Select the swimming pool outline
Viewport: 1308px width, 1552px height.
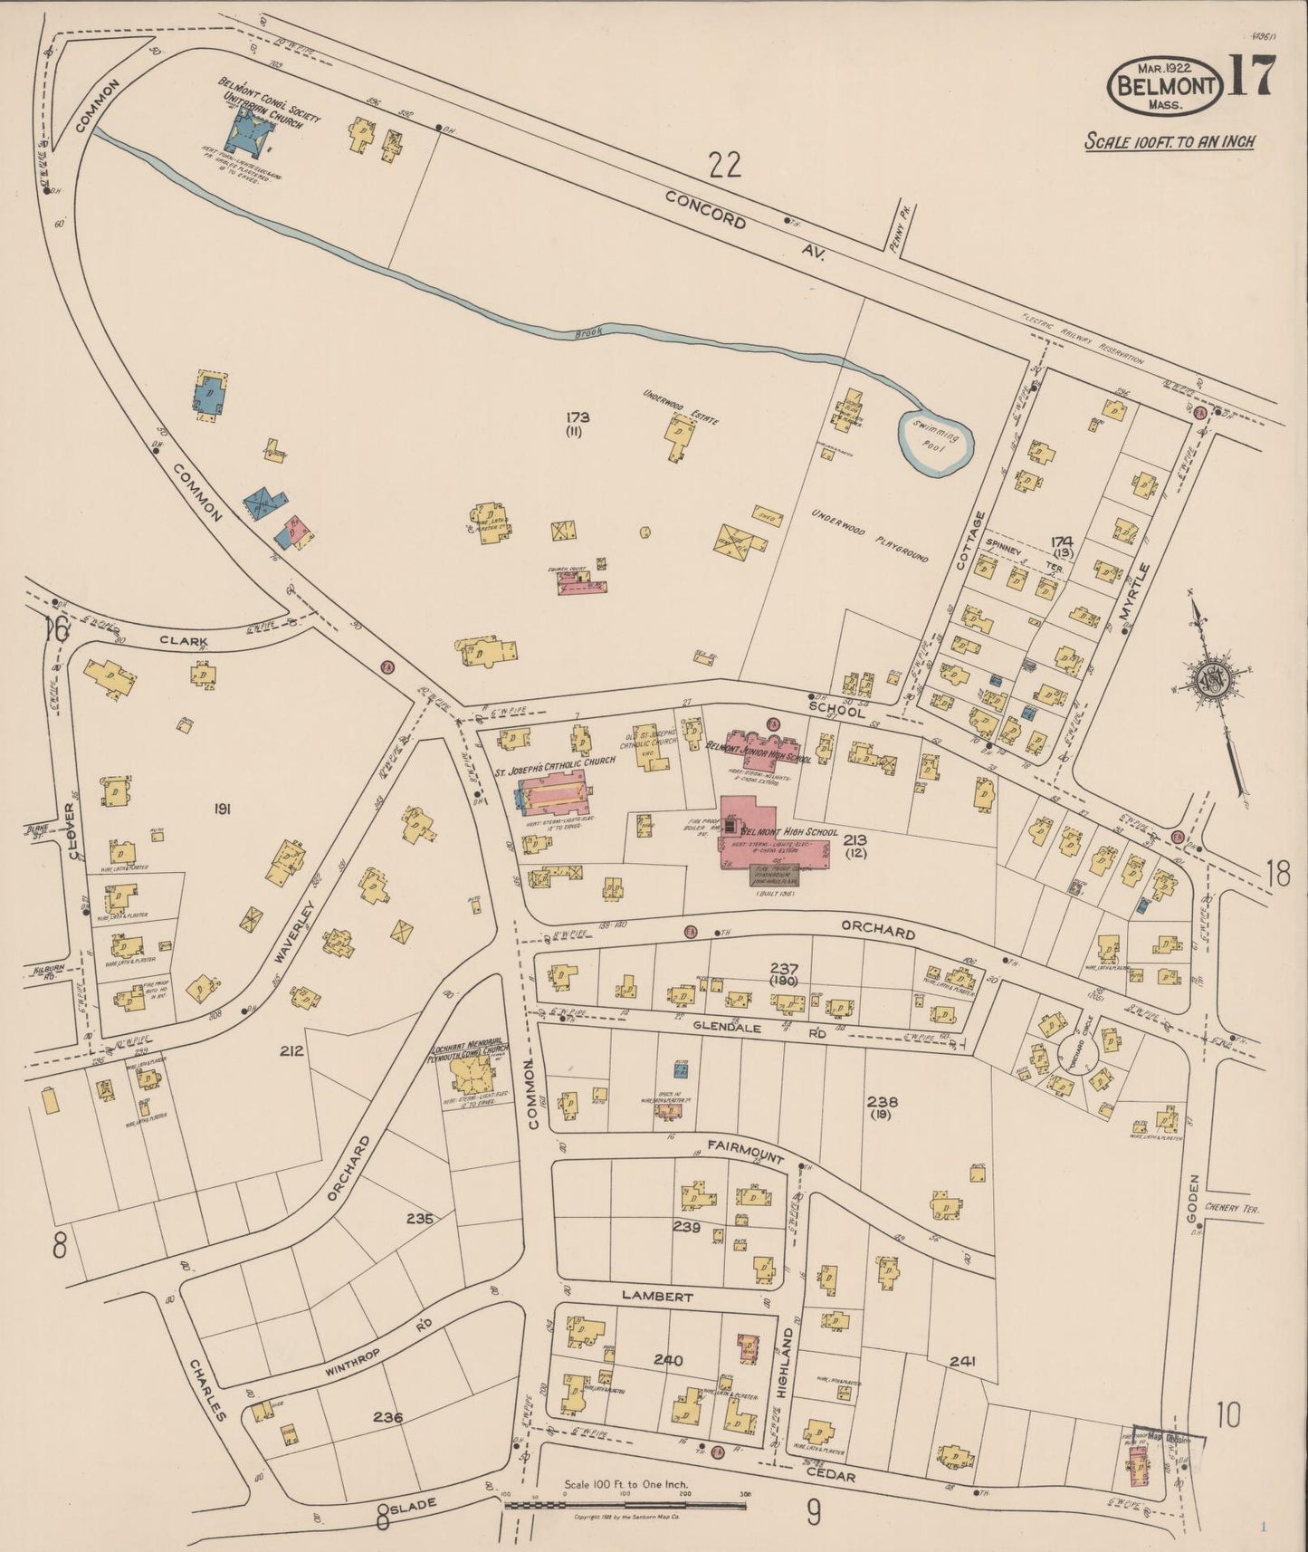(x=935, y=442)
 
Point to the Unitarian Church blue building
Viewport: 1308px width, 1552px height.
(x=247, y=136)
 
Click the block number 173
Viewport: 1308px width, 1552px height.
(x=578, y=417)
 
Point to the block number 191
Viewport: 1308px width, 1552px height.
(x=221, y=809)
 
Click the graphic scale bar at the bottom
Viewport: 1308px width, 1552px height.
(x=625, y=1505)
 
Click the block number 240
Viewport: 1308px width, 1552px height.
(x=668, y=1359)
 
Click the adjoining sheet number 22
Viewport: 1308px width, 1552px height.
(x=725, y=165)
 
